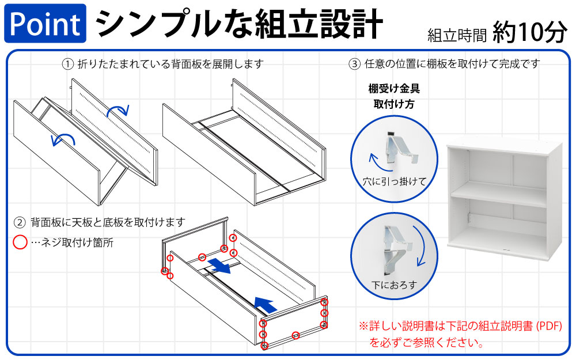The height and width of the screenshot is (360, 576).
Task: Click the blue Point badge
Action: (45, 24)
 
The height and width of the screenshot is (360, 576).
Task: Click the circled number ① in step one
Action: (68, 64)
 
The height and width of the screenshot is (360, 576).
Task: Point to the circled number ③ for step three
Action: (355, 64)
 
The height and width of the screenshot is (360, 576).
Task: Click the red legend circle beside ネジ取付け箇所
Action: (20, 242)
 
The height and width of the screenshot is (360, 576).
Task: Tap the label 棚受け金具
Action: (394, 89)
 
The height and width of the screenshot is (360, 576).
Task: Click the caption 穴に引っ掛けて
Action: (394, 181)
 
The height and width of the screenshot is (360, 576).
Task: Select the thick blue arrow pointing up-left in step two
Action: (264, 304)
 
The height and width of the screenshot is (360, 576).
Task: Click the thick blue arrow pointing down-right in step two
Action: (221, 266)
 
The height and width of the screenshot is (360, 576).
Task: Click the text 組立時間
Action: (457, 36)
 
